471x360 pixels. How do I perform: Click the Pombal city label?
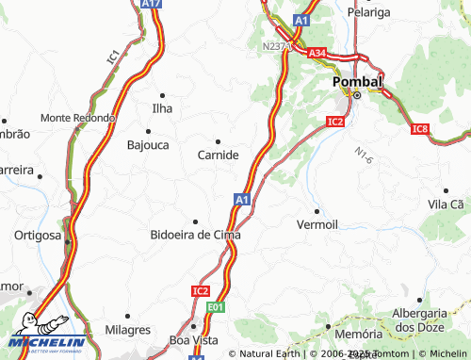[358, 82]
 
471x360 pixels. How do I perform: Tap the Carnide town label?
[218, 155]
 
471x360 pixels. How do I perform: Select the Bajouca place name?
[149, 145]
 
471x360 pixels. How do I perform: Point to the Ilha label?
[162, 109]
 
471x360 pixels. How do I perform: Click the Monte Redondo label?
[77, 118]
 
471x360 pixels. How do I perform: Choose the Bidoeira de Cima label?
[195, 235]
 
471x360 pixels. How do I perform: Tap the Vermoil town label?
[317, 224]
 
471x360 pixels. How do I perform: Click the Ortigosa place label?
[37, 235]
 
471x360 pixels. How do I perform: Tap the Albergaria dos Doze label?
[423, 319]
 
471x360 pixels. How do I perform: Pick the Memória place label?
[358, 335]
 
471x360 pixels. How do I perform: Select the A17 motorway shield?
[150, 4]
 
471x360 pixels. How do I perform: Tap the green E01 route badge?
[217, 307]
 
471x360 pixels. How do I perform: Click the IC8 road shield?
[420, 128]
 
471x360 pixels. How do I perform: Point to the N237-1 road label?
[277, 44]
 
